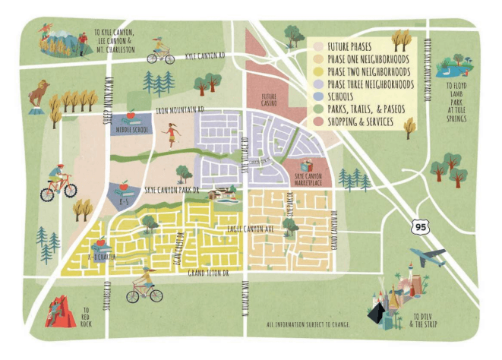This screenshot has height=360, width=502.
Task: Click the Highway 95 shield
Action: tap(416, 225)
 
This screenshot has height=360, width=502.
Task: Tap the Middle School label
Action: tap(132, 129)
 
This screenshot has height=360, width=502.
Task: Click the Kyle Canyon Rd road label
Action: tap(206, 56)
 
